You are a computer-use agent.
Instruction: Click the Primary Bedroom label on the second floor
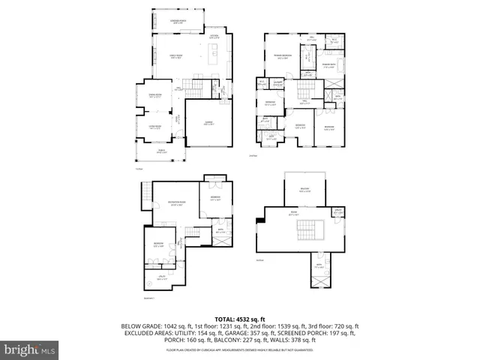point(282,57)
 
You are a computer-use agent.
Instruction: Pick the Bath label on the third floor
point(318,265)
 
